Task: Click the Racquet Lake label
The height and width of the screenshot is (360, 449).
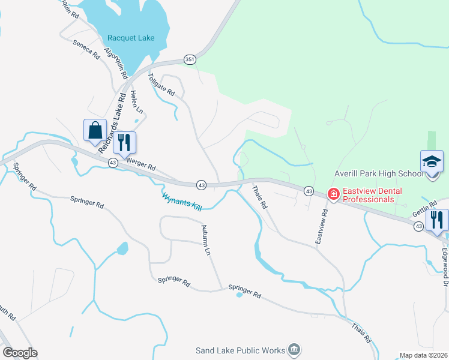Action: coord(130,38)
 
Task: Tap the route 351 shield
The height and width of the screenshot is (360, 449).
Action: coord(190,59)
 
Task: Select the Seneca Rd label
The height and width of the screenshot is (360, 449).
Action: coord(86,49)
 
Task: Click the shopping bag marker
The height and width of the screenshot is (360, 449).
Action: coord(95,130)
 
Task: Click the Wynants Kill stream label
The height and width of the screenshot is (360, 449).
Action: coord(181,200)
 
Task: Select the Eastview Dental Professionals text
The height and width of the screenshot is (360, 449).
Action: coord(368,195)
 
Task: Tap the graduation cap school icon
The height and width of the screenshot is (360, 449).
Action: coord(432,162)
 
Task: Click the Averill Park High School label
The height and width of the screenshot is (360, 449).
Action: coord(377,174)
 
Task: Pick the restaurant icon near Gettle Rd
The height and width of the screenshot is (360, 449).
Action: coord(436,220)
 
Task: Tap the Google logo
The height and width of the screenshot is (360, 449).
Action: coord(20,353)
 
